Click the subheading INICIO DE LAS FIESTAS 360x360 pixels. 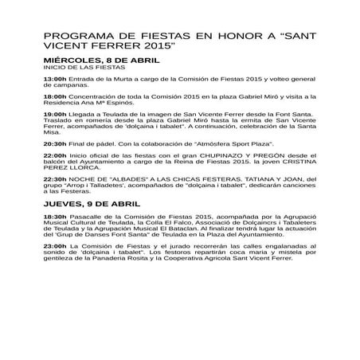pos(79,68)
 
